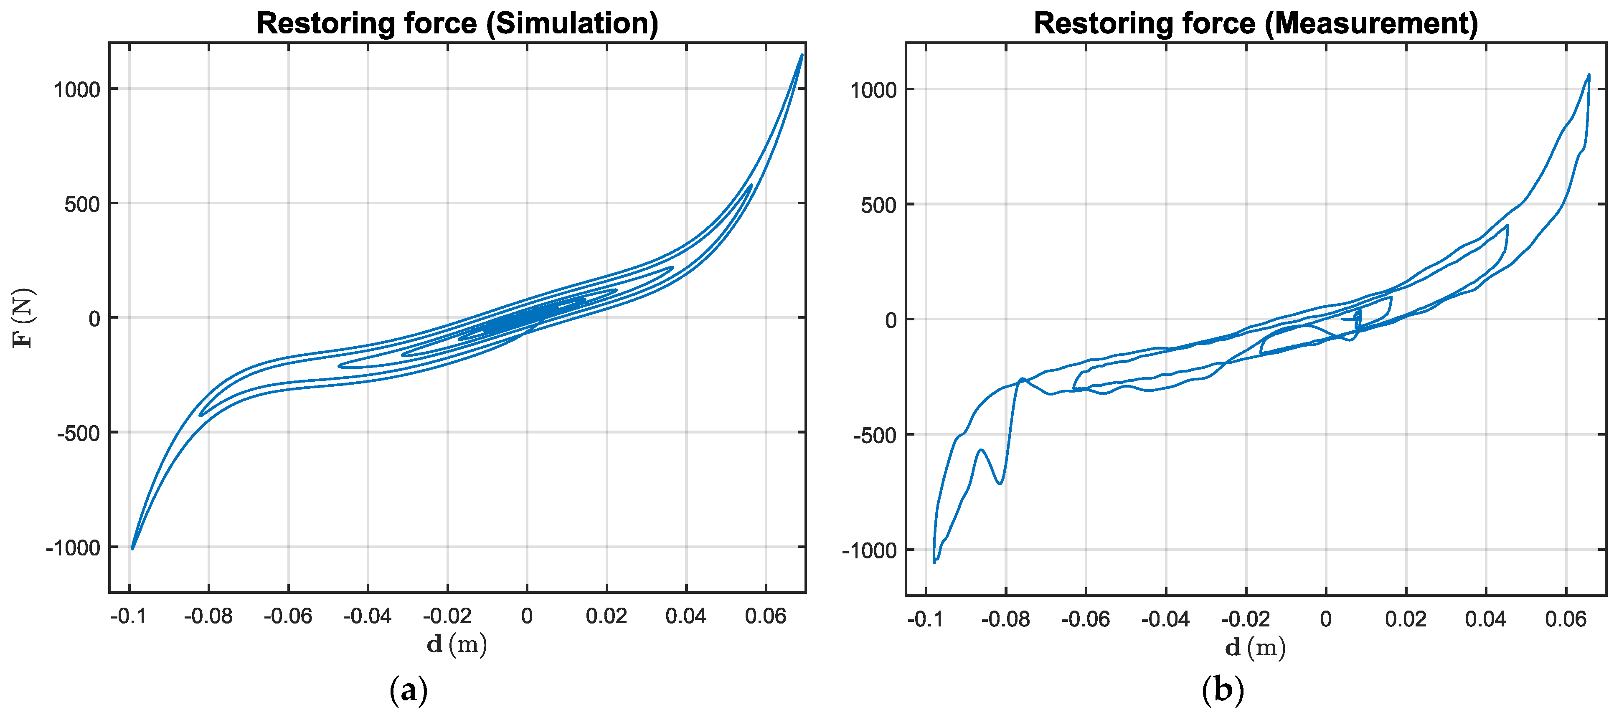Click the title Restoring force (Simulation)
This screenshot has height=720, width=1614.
(x=457, y=23)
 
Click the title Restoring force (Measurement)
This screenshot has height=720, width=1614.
(x=1256, y=23)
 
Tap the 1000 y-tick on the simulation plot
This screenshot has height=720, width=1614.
(x=77, y=90)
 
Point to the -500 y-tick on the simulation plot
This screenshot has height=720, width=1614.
(x=79, y=433)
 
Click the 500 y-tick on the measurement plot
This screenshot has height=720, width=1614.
(x=878, y=205)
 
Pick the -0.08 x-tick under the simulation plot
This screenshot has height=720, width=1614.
(x=208, y=616)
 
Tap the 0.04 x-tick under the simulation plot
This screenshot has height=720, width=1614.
(x=685, y=616)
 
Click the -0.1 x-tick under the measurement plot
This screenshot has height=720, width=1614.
(x=925, y=620)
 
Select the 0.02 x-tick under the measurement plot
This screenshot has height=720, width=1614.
(x=1405, y=620)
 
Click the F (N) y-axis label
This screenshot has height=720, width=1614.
(x=24, y=318)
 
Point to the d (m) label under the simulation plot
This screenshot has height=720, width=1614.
(x=457, y=644)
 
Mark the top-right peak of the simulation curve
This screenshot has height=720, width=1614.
(x=801, y=55)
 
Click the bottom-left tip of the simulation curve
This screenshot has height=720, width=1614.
(x=132, y=549)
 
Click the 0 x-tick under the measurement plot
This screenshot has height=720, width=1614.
(x=1326, y=620)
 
